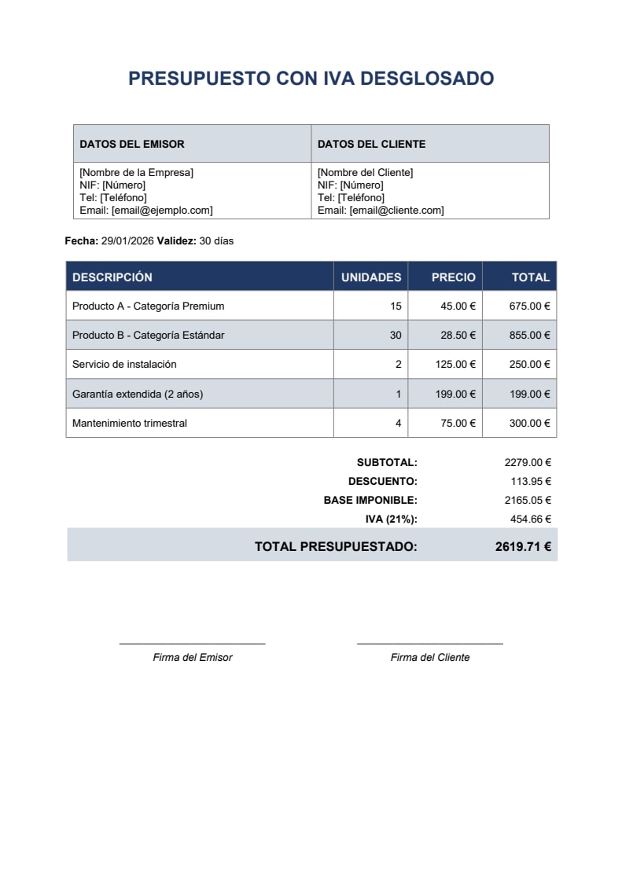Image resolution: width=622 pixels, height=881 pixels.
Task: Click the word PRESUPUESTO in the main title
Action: click(199, 79)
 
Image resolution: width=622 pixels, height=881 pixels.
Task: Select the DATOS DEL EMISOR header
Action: click(132, 144)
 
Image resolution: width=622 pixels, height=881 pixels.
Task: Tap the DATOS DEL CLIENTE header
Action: click(371, 144)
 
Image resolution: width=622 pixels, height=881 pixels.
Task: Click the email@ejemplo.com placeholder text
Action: click(162, 211)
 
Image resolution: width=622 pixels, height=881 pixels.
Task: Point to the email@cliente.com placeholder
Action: click(396, 211)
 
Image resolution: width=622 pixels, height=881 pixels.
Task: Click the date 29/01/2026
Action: click(127, 241)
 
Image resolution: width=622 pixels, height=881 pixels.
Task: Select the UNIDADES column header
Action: click(370, 277)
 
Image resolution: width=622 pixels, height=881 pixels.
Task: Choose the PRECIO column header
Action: click(453, 277)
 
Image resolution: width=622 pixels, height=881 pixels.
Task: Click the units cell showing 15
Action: click(395, 306)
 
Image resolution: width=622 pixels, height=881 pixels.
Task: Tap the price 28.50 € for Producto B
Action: click(458, 335)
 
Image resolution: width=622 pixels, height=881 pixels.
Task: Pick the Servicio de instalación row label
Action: click(124, 364)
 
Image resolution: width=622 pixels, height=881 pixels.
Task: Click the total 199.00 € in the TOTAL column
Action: click(529, 394)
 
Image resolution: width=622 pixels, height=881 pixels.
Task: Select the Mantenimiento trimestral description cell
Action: click(130, 423)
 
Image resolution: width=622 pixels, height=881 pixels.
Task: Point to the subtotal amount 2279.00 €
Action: click(528, 463)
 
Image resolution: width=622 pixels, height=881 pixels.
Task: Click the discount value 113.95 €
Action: click(530, 482)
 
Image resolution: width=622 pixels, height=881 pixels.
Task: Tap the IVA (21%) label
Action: click(391, 519)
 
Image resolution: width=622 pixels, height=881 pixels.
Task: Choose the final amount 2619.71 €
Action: click(523, 546)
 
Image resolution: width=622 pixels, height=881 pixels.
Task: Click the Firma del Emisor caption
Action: click(193, 657)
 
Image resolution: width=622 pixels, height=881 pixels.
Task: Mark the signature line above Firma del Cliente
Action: click(429, 644)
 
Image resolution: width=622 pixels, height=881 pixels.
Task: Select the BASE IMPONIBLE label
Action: click(370, 500)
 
